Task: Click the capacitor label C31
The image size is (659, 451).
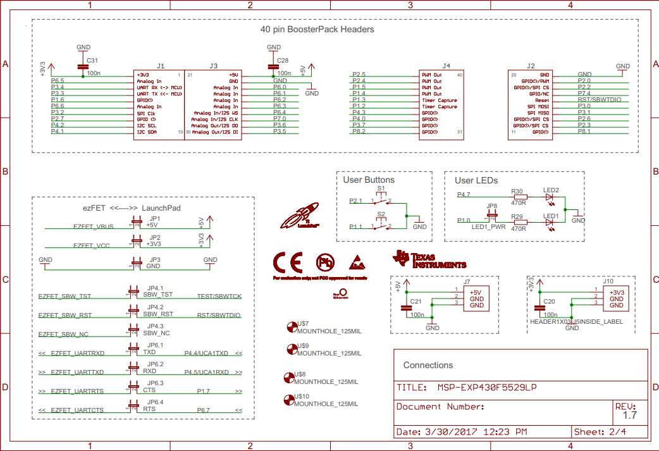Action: click(92, 60)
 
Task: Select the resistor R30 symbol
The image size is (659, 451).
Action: click(518, 197)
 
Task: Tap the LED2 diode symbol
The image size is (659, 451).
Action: click(550, 197)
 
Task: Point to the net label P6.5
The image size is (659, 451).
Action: click(58, 81)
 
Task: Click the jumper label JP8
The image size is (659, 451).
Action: click(491, 206)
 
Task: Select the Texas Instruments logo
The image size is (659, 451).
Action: click(430, 259)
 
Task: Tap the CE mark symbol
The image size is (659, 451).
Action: click(288, 262)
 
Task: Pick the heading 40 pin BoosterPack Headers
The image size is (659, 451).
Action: click(317, 30)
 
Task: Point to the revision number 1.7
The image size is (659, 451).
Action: click(630, 416)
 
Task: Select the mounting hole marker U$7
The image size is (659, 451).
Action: click(292, 326)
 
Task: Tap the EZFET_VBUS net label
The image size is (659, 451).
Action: click(93, 226)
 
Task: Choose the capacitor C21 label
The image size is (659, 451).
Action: click(416, 301)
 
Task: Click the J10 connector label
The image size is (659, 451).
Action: click(608, 281)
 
